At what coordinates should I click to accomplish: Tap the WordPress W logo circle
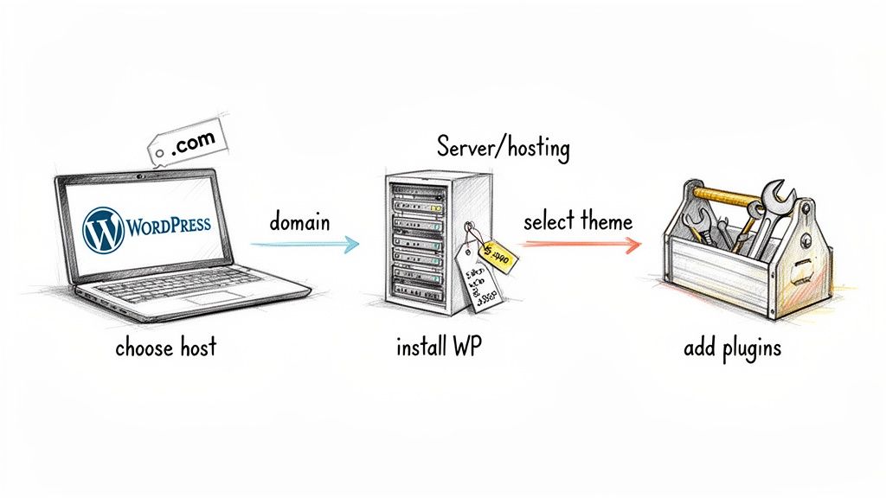point(101,227)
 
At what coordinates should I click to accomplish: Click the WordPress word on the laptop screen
point(168,226)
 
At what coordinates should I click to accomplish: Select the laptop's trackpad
point(208,298)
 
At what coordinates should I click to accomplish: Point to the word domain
point(299,222)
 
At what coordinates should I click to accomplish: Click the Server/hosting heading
point(504,148)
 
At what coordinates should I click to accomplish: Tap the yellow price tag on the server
point(496,252)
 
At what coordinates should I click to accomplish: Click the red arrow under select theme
point(581,245)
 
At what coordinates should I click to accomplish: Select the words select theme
point(577,221)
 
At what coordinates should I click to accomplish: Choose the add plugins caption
point(732,349)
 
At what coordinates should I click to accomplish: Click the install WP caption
point(440,349)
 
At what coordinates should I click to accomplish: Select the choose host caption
point(165,349)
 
